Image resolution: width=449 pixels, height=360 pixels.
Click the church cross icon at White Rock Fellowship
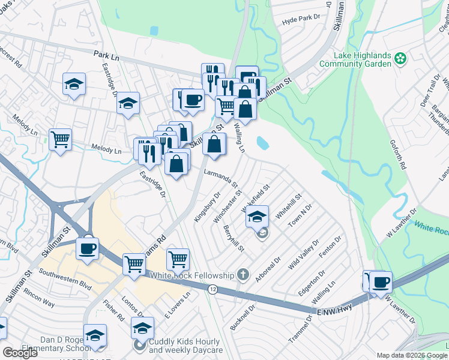(243, 275)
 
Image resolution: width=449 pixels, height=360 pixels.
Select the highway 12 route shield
(213, 289)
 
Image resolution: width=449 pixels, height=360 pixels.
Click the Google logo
(20, 352)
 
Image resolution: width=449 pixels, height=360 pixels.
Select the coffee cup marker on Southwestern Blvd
(88, 247)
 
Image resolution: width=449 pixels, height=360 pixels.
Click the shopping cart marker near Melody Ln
(61, 140)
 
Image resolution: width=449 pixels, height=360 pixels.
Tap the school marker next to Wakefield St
(257, 217)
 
